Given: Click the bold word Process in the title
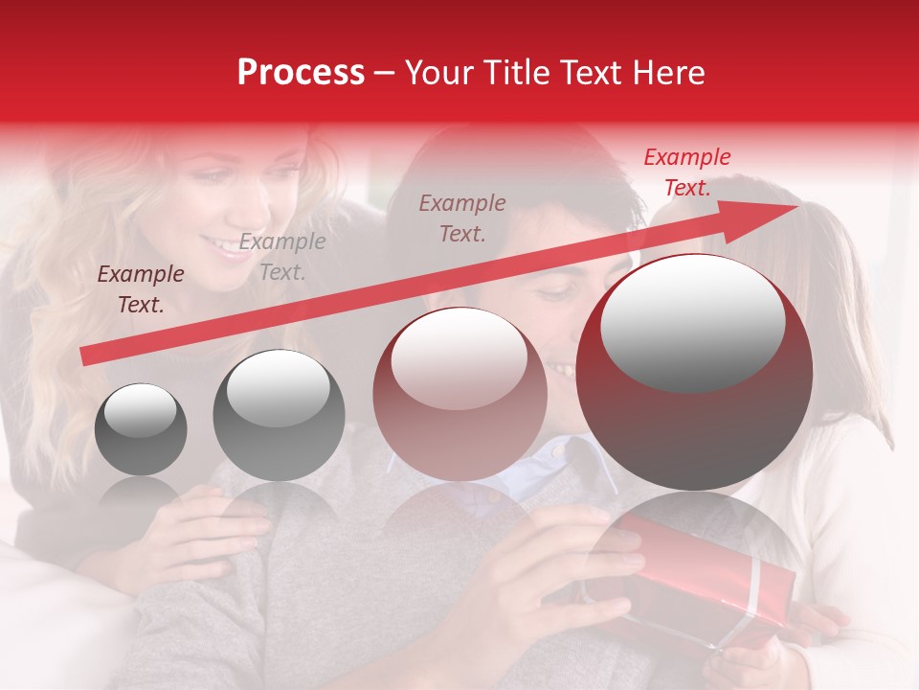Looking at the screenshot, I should click(x=301, y=73).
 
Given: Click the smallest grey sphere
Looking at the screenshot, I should click(x=141, y=429).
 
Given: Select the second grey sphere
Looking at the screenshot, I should click(x=279, y=415).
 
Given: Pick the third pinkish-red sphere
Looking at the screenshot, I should click(x=459, y=394).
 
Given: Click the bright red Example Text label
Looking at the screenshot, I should click(x=686, y=172).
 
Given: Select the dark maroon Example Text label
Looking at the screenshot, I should click(x=141, y=289).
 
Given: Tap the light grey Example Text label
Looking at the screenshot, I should click(x=282, y=257).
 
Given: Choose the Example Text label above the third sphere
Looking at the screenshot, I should click(x=462, y=218).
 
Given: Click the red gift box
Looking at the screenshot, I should click(x=708, y=575).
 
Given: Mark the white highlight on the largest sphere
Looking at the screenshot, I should click(x=692, y=322).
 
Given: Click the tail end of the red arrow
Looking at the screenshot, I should click(x=86, y=356).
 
